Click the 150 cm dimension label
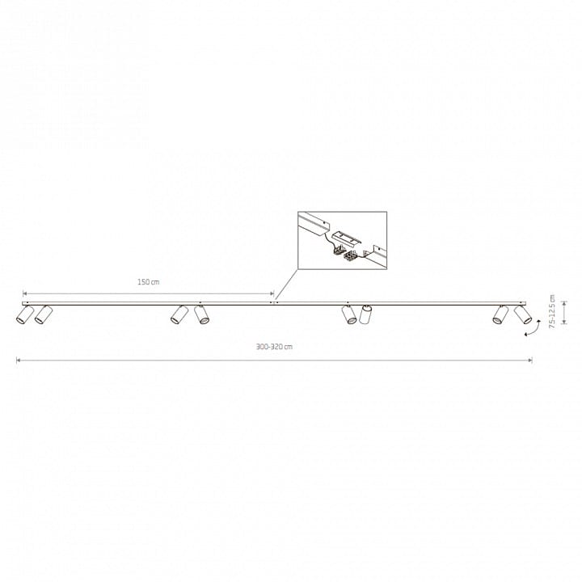pyautogui.click(x=149, y=282)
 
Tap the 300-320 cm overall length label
pyautogui.click(x=274, y=347)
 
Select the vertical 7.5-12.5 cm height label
pyautogui.click(x=552, y=311)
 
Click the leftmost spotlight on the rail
pyautogui.click(x=25, y=314)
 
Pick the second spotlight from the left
pyautogui.click(x=44, y=314)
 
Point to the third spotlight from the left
pyautogui.click(x=179, y=314)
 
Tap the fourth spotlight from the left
pyautogui.click(x=201, y=314)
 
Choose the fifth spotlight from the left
pyautogui.click(x=349, y=314)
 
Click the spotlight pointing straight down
pyautogui.click(x=365, y=314)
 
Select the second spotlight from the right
pyautogui.click(x=500, y=314)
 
